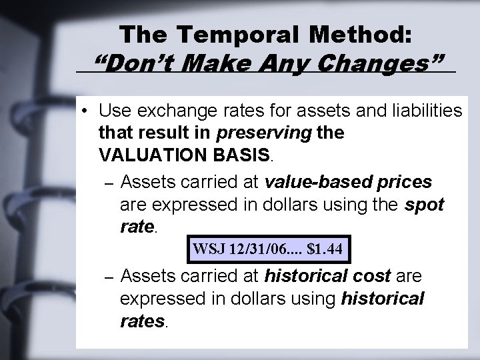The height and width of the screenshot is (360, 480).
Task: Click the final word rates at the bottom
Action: [142, 321]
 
